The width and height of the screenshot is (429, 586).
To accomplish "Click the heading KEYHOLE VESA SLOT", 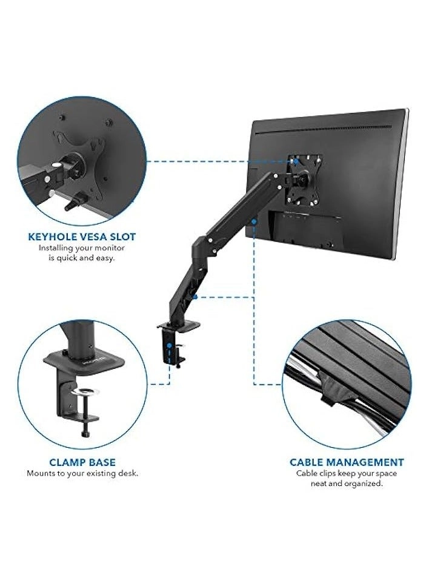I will pos(81,237).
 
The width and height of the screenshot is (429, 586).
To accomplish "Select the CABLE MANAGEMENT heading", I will pos(347,462).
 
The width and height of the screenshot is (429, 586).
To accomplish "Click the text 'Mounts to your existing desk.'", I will pos(82,473).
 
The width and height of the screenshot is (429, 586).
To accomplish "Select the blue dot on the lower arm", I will pos(196,297).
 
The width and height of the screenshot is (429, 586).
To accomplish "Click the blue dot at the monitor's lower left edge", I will pos(254,222).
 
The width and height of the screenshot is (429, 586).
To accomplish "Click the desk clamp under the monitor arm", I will pos(171,343).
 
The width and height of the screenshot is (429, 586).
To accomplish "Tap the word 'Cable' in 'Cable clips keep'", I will pos(307,473).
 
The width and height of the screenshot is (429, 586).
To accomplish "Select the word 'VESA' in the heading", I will pos(93,237).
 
